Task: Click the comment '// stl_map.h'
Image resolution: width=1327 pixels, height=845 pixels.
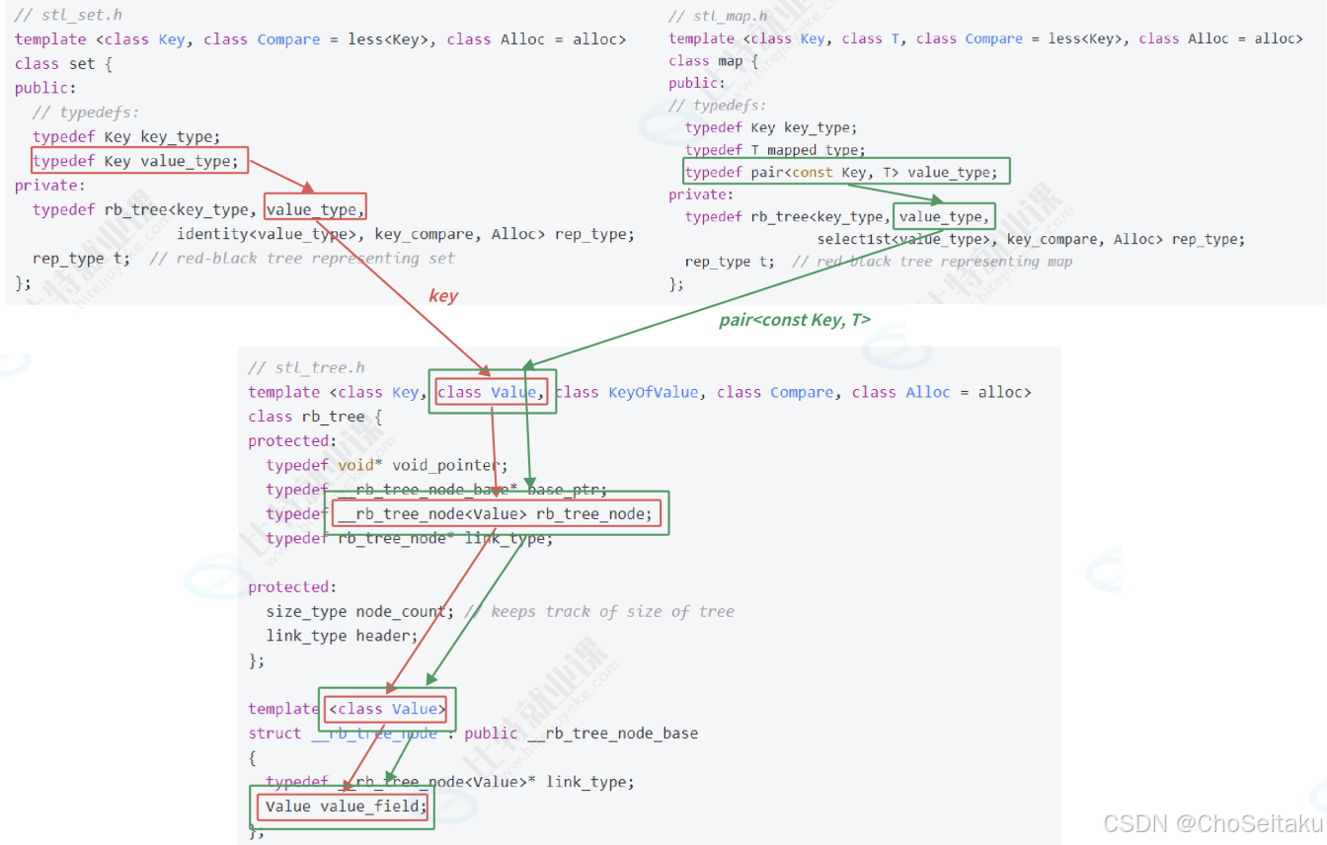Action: tap(718, 16)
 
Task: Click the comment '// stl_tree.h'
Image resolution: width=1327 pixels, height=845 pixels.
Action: tap(306, 368)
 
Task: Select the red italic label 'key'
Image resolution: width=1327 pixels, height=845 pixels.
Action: tap(443, 295)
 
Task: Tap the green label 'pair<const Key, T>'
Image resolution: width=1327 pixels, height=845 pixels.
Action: tap(795, 320)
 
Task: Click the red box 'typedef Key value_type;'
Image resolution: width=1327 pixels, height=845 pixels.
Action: tap(139, 161)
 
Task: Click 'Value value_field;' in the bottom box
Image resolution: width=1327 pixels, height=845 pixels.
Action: tap(345, 807)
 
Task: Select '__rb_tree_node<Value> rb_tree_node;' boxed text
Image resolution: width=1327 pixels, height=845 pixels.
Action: tap(497, 513)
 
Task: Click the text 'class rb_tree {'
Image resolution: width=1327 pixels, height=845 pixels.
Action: tap(315, 417)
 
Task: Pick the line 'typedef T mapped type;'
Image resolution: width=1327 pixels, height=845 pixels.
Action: tap(774, 150)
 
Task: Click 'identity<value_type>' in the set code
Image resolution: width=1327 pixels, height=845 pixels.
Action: tap(267, 234)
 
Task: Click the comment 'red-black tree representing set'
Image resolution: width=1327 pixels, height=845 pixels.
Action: tap(315, 259)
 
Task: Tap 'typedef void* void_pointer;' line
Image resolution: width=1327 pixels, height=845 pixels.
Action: tap(386, 465)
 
